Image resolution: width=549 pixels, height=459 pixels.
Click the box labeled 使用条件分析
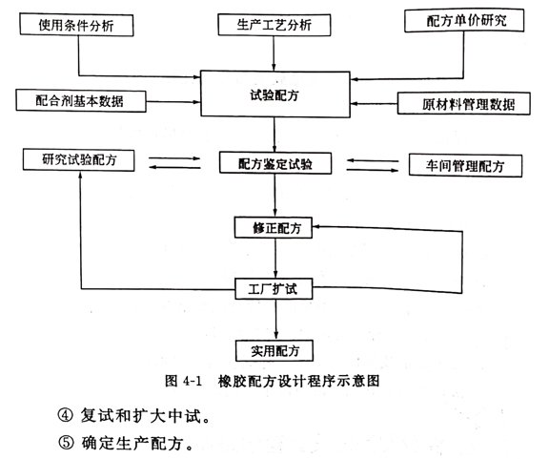click(x=76, y=25)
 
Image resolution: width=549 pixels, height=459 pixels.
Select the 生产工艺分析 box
click(x=274, y=25)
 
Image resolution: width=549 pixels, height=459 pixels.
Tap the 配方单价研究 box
click(x=464, y=20)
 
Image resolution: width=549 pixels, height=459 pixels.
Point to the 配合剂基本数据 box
click(x=81, y=101)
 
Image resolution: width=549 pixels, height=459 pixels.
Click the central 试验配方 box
click(x=274, y=94)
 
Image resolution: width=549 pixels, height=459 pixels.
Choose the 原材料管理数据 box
click(x=464, y=104)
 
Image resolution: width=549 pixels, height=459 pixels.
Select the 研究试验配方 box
click(x=78, y=160)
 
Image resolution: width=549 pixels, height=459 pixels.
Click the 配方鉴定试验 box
click(x=275, y=163)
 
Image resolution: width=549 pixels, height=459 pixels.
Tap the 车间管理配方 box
click(x=465, y=165)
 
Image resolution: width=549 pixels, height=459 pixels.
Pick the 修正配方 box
click(x=274, y=228)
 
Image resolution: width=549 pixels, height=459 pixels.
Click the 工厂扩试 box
click(x=274, y=288)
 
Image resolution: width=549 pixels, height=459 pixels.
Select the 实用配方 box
click(x=274, y=350)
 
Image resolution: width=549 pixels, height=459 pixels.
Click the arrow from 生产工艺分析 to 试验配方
click(x=274, y=52)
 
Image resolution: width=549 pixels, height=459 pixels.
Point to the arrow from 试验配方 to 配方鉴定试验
click(x=274, y=135)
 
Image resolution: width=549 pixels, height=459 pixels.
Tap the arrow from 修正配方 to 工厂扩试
click(x=275, y=259)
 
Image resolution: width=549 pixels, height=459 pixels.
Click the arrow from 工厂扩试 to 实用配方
click(x=275, y=320)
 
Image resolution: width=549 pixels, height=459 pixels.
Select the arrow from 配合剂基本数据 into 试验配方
click(x=173, y=102)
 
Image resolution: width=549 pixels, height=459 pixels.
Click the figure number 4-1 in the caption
click(x=193, y=381)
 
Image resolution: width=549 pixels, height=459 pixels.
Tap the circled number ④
click(x=66, y=416)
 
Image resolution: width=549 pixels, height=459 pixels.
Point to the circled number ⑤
click(x=66, y=444)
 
